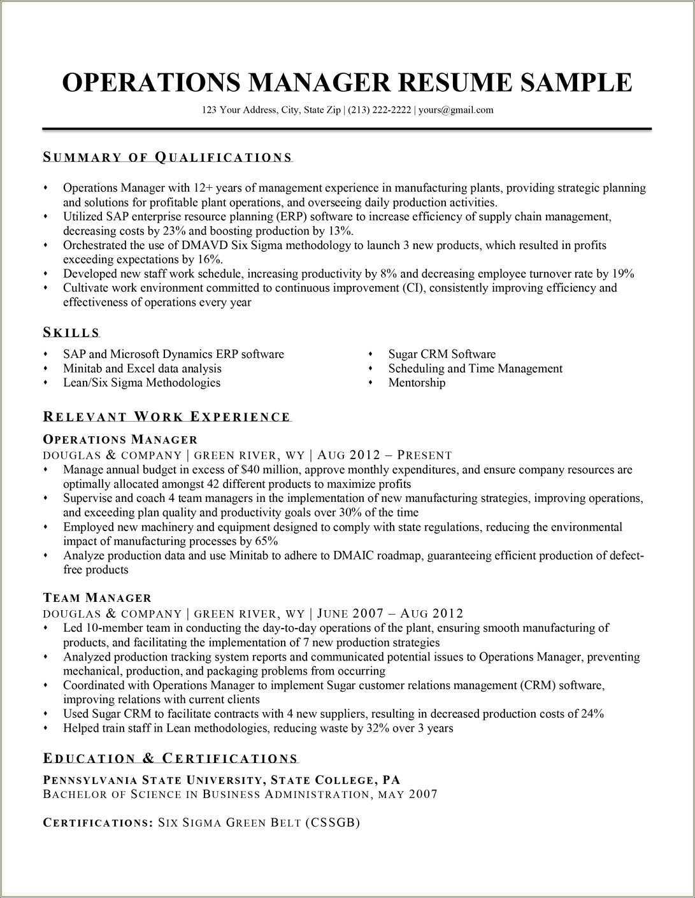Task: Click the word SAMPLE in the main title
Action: point(577,82)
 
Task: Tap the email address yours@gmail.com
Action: point(455,110)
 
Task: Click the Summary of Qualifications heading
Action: point(168,157)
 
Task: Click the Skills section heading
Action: point(71,332)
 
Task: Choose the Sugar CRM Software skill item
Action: point(441,354)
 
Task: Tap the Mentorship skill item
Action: point(417,383)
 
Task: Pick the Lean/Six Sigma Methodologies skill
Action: point(141,383)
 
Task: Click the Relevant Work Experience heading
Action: point(167,417)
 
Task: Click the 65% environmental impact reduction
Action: point(266,541)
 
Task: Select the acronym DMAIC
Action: point(354,555)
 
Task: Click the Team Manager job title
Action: point(97,597)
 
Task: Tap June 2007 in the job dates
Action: point(350,613)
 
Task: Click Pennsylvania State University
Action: point(152,780)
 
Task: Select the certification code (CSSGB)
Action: point(332,823)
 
